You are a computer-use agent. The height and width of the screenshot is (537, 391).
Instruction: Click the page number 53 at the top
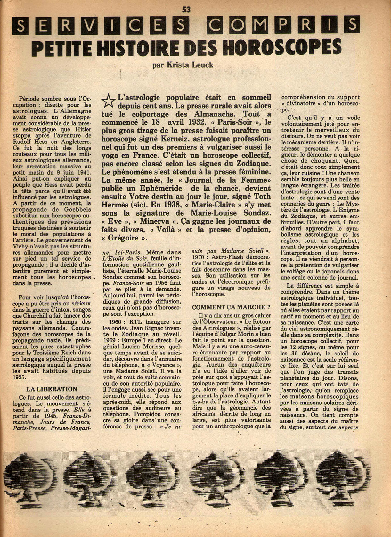186,10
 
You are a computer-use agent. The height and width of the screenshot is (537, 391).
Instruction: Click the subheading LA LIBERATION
52,389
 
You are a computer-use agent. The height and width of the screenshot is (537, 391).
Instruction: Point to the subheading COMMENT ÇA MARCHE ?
229,307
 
